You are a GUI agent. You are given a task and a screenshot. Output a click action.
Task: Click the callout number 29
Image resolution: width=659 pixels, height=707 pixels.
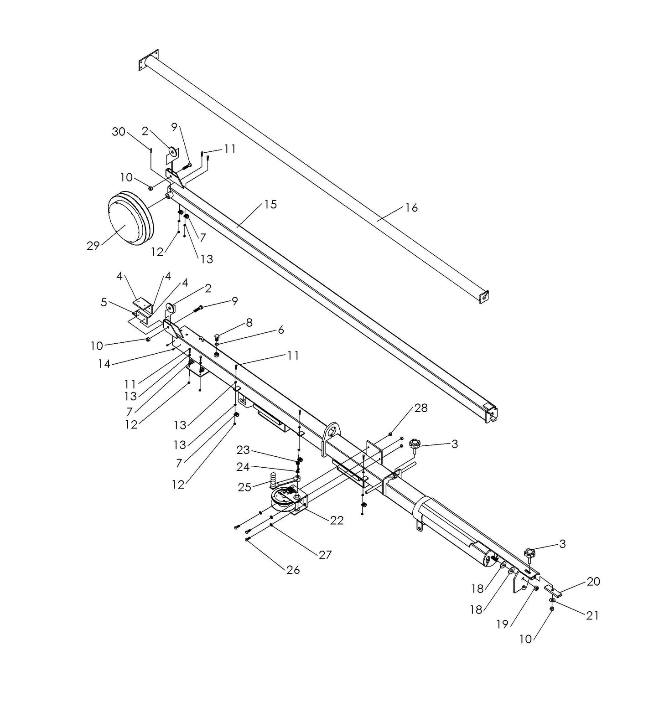(93, 246)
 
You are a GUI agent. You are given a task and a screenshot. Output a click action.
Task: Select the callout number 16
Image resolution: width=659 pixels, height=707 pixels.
(411, 208)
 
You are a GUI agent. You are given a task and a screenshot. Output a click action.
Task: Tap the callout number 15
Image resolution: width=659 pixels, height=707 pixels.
(270, 205)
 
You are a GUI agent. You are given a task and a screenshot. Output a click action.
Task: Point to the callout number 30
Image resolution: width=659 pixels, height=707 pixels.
(119, 132)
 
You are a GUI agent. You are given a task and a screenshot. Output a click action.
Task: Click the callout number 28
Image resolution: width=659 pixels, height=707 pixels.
(421, 408)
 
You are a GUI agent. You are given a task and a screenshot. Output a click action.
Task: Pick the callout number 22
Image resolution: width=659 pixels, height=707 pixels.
(337, 520)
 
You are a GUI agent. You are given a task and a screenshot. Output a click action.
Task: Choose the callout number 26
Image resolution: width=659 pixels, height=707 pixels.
(293, 570)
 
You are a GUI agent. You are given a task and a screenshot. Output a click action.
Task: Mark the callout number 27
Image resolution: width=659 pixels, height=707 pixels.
(325, 555)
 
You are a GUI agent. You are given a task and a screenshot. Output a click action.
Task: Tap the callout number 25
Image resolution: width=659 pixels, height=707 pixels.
(244, 487)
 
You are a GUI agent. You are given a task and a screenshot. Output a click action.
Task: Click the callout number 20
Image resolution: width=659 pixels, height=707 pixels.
(593, 582)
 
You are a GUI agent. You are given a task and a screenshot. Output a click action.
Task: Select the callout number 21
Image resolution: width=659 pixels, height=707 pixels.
(592, 615)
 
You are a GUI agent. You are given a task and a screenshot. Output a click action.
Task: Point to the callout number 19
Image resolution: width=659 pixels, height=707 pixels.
(502, 624)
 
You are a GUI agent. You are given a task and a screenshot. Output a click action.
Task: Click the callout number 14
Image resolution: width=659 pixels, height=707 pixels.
(104, 364)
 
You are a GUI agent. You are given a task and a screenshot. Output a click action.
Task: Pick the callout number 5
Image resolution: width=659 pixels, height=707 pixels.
(104, 302)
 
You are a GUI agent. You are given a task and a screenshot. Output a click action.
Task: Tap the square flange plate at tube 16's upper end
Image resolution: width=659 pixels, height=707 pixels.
(148, 60)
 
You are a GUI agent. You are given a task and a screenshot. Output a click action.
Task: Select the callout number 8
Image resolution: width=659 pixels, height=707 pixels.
(249, 323)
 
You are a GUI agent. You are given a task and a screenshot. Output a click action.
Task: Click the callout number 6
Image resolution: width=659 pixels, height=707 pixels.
(280, 330)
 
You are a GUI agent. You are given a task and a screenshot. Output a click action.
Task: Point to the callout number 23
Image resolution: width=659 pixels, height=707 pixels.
(243, 450)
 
